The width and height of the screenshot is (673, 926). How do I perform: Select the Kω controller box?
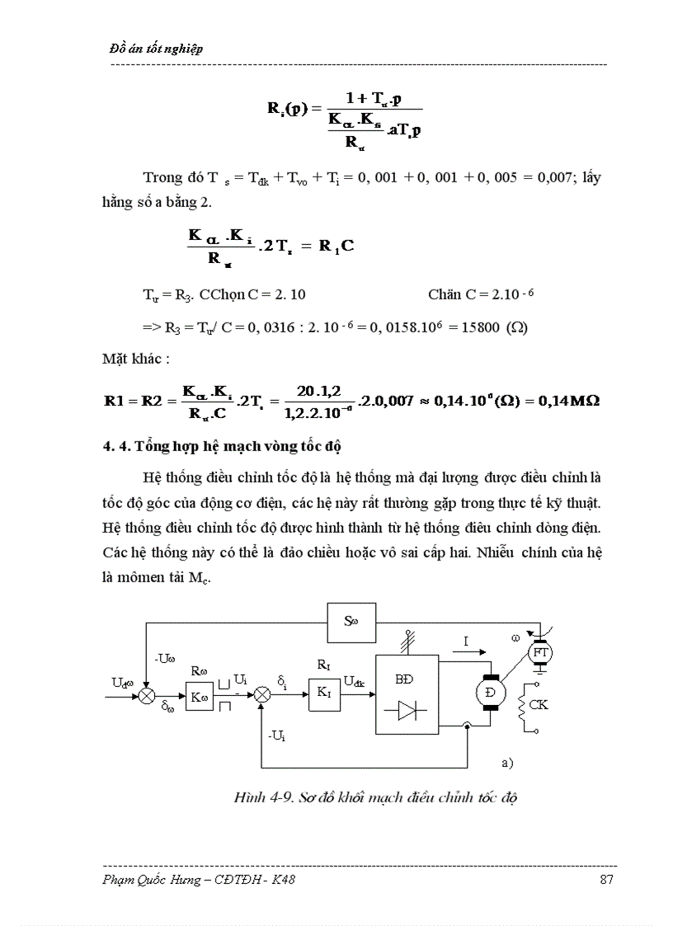[199, 697]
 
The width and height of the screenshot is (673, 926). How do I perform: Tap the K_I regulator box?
[322, 693]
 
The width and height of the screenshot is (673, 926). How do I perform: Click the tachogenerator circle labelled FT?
[540, 652]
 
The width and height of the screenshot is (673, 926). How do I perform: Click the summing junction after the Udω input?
[146, 696]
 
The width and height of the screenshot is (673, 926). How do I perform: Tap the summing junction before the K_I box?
[262, 695]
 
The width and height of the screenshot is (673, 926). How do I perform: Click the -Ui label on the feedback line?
[276, 736]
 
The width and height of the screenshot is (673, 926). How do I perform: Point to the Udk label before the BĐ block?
[355, 681]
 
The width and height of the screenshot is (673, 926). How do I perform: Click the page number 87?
[607, 880]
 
